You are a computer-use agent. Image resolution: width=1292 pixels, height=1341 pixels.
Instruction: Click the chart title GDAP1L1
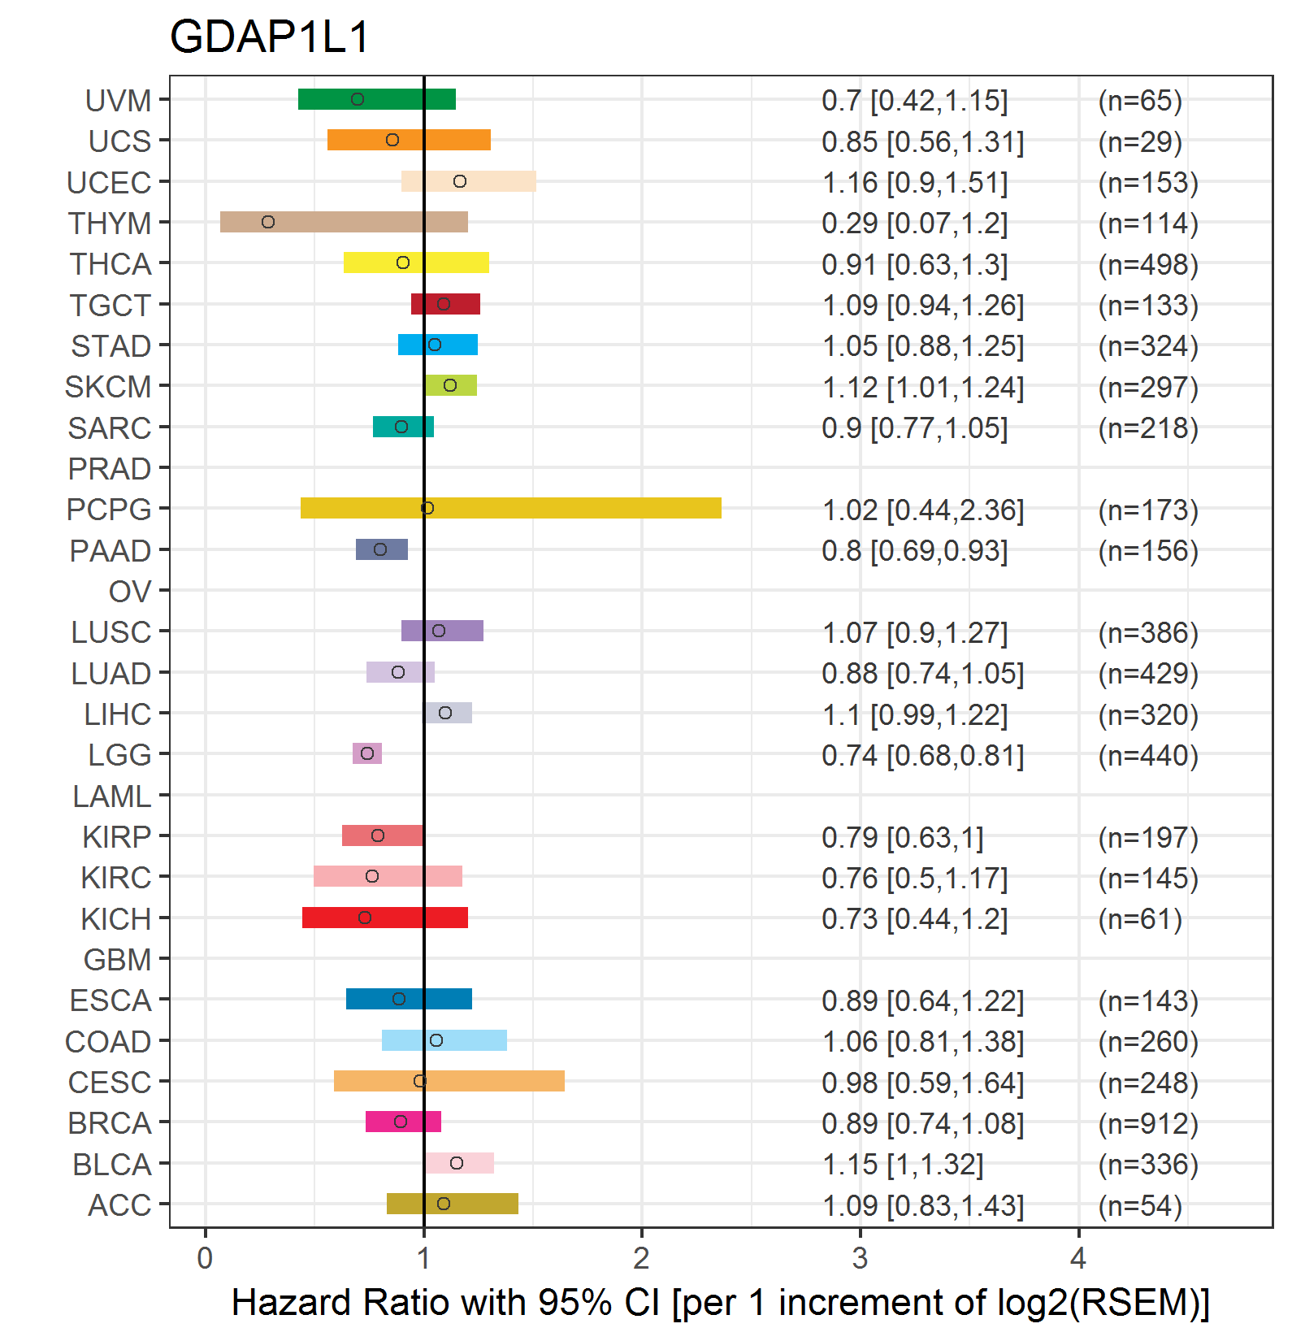coord(269,37)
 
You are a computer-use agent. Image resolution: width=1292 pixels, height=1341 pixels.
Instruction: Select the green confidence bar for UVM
coord(377,99)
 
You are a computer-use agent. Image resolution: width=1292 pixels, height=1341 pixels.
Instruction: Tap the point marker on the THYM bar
coord(268,222)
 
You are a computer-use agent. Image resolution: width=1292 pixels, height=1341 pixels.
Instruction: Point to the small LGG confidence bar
coord(367,753)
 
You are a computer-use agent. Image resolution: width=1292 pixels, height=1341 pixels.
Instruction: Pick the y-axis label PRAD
coord(110,469)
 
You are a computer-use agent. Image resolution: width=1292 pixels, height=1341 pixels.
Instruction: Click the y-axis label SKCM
coord(108,387)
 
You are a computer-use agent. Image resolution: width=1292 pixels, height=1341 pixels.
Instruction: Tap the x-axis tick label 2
coord(641,1258)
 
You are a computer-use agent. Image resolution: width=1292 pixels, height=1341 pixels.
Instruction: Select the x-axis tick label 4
coord(1077,1258)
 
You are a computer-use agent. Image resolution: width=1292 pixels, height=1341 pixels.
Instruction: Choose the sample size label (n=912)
coord(1147,1123)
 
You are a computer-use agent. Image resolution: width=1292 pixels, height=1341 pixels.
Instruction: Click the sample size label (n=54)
coord(1139,1205)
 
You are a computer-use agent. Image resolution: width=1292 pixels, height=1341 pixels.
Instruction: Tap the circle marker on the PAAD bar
coord(380,549)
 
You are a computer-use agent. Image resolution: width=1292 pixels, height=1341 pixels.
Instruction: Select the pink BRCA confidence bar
coord(403,1122)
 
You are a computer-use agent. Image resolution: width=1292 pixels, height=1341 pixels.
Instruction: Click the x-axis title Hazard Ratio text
coord(720,1302)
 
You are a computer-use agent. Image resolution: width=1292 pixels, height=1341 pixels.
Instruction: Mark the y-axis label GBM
coord(118,960)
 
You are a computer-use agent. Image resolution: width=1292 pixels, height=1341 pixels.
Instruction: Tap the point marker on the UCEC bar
coord(460,181)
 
